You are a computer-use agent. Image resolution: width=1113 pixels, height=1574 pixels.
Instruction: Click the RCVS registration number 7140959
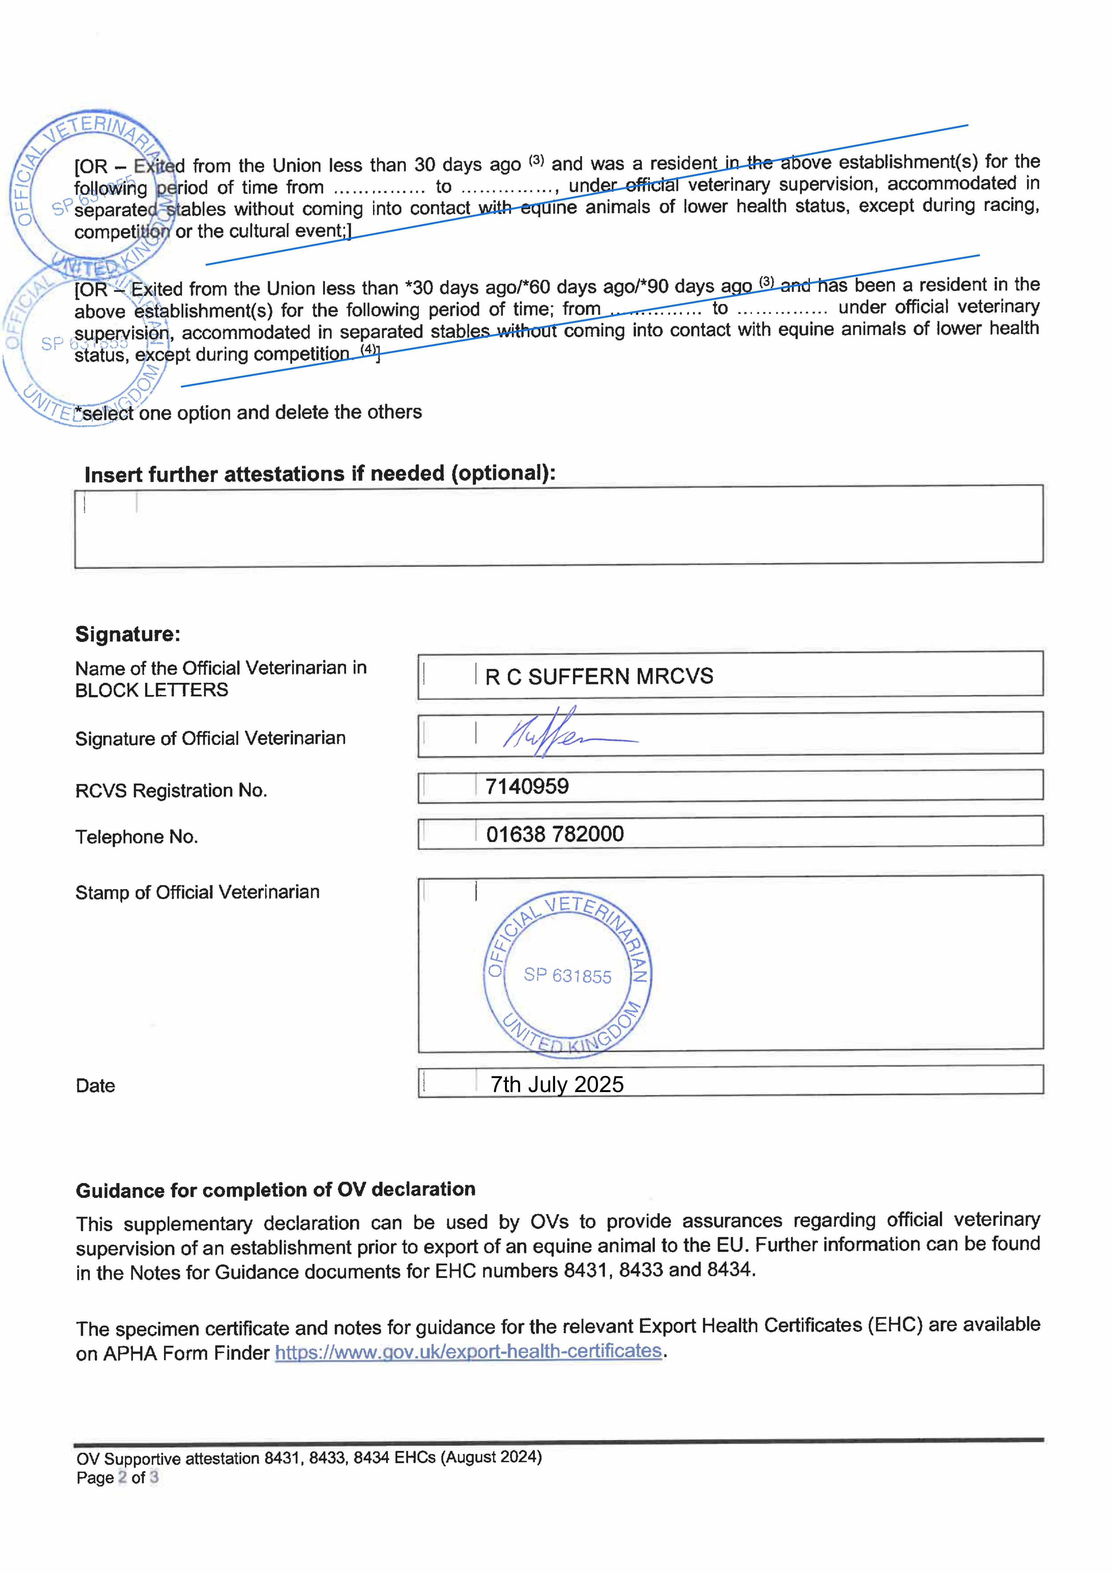coord(527,786)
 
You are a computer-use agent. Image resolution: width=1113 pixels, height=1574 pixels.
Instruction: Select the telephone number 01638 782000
coord(555,834)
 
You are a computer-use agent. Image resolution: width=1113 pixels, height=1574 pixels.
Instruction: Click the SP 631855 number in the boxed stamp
coord(567,976)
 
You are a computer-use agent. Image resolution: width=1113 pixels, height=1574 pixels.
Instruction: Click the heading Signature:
coord(128,634)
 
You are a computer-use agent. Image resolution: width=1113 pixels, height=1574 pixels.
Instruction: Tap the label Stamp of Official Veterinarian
coord(197,892)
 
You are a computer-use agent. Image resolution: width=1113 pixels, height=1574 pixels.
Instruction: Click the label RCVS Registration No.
coord(171,791)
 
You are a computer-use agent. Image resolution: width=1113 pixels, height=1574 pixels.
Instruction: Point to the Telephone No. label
coord(136,837)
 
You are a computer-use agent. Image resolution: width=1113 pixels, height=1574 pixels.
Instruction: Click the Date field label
coord(95,1086)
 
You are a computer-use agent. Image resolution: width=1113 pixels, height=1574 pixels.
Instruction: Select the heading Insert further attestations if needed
coord(320,474)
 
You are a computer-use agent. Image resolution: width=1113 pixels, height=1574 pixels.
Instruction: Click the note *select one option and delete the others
coord(251,413)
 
